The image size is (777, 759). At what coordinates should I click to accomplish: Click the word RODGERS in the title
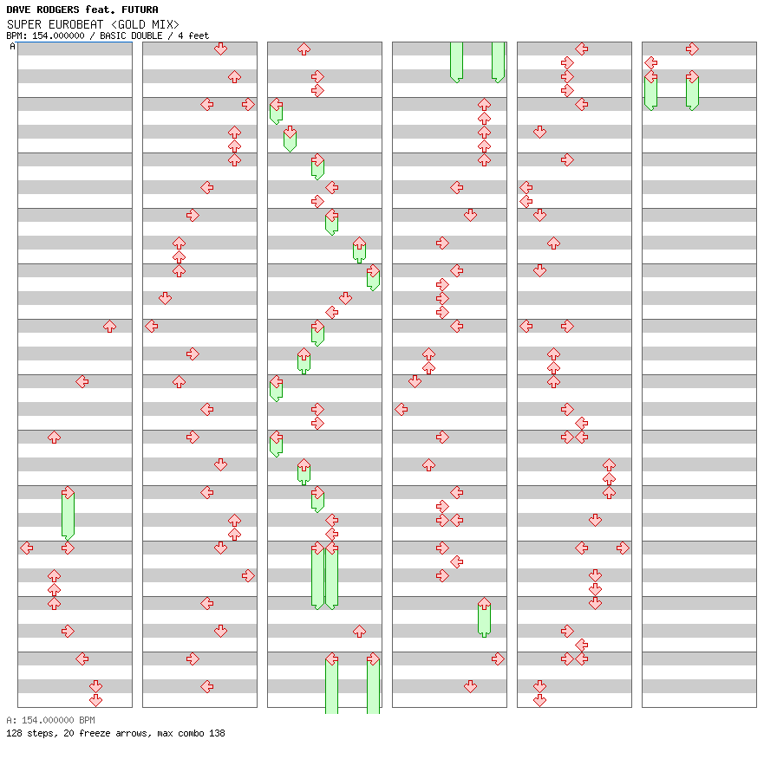click(x=58, y=10)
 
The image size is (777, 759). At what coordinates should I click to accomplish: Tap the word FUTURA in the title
click(x=140, y=10)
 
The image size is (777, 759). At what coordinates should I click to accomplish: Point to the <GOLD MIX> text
click(x=145, y=24)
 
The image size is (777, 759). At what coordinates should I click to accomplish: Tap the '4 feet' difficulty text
click(x=193, y=36)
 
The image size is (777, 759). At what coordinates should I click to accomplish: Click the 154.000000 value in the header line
click(x=58, y=36)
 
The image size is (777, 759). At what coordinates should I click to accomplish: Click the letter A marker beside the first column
click(x=12, y=47)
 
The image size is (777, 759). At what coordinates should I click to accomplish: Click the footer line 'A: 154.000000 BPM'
click(x=50, y=720)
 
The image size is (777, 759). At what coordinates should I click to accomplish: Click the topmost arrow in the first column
click(x=109, y=327)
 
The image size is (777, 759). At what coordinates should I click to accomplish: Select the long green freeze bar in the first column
click(x=68, y=515)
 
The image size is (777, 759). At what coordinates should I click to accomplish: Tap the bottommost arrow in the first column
click(x=95, y=700)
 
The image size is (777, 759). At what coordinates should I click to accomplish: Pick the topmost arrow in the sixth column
click(x=692, y=49)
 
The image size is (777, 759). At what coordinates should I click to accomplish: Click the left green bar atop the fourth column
click(x=456, y=62)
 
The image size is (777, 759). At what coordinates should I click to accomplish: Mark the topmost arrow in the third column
click(x=304, y=49)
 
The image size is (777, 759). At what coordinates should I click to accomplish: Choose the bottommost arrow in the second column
click(x=206, y=686)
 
